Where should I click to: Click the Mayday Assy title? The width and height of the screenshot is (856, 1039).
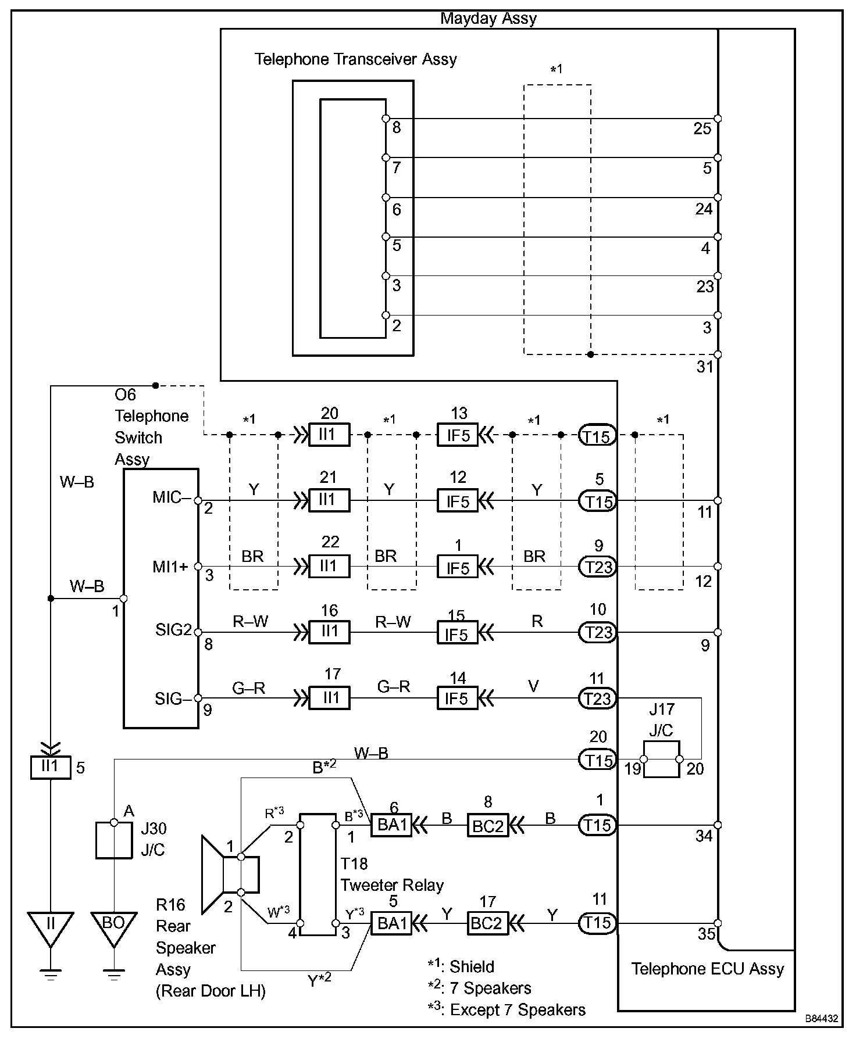coord(488,19)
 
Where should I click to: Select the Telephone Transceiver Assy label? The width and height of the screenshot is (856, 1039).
coord(356,59)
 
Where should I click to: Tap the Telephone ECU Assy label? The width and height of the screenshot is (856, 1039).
coord(708,969)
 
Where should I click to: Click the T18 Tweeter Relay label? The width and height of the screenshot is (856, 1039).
coord(392,874)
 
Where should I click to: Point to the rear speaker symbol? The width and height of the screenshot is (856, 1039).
coord(230,874)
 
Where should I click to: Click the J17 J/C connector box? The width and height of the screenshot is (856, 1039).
coord(661,759)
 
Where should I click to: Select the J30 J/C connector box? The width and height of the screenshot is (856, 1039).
coord(114,840)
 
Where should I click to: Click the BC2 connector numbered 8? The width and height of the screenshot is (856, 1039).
coord(488,825)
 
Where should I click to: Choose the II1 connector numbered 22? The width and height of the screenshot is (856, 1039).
coord(329,566)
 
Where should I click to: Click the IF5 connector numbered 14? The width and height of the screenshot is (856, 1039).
coord(458,698)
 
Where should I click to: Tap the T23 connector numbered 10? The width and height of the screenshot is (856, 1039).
coord(597,632)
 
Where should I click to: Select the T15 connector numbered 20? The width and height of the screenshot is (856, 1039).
coord(597,759)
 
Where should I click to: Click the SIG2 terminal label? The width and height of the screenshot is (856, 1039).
coord(173,630)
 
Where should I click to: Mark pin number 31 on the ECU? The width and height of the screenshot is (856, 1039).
coord(704,367)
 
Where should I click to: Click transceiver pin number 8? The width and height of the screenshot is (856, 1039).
coord(397,127)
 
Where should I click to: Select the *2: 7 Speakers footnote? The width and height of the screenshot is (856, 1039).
coord(480,988)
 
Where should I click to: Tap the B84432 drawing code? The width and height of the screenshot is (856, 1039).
coord(822,1019)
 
